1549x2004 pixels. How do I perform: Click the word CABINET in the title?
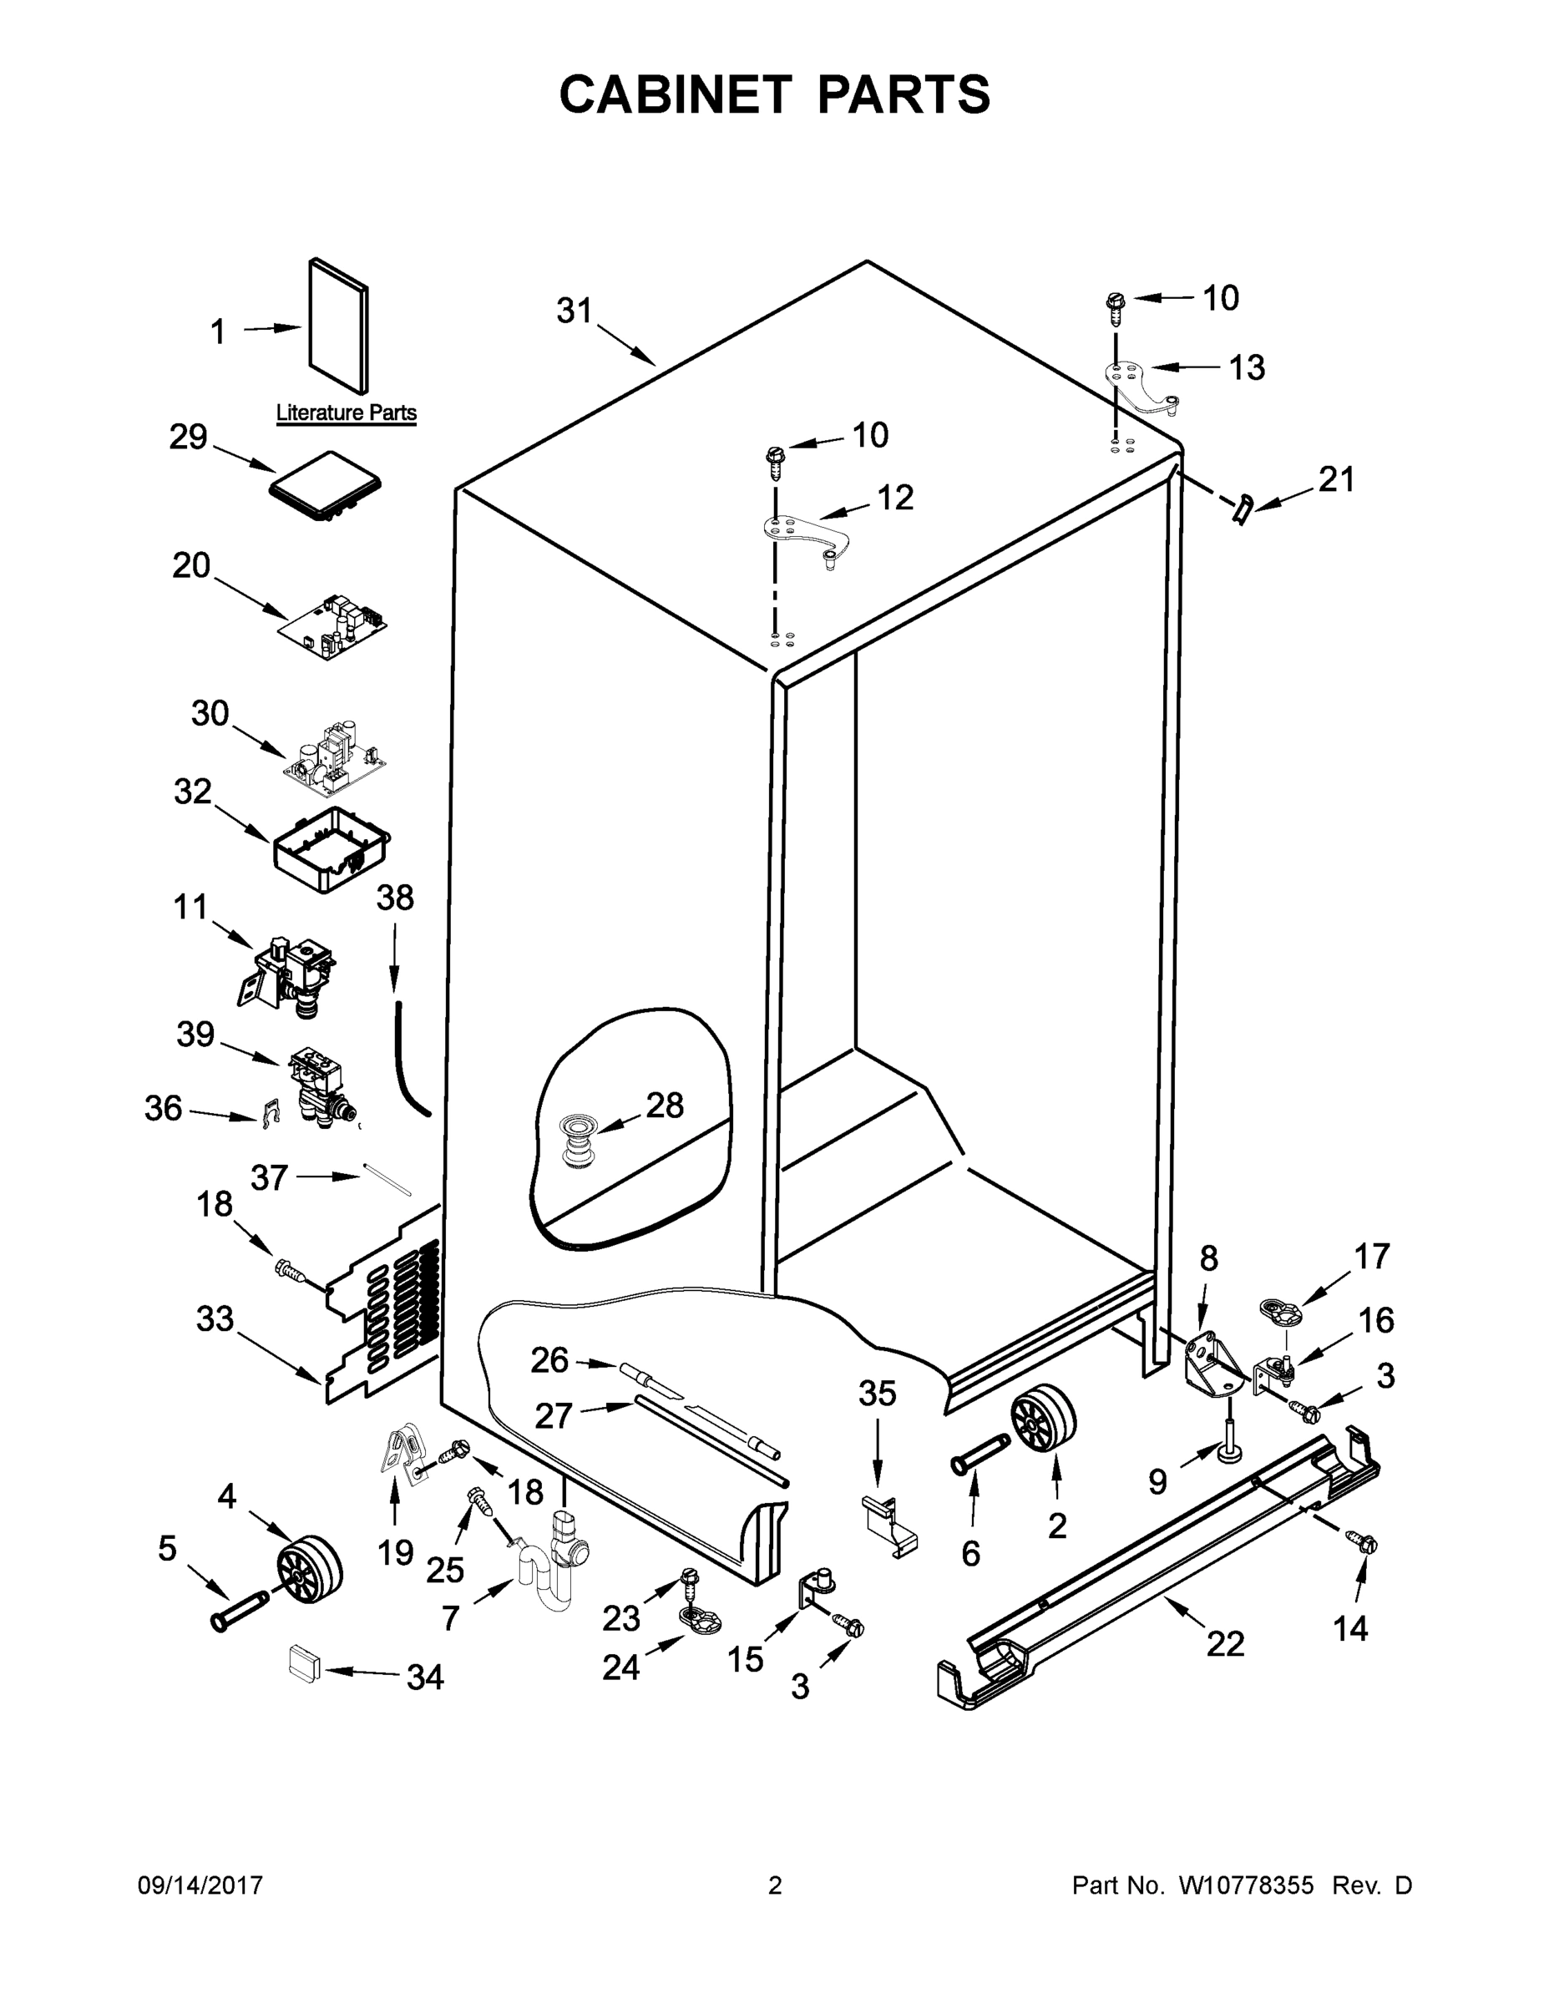pyautogui.click(x=676, y=94)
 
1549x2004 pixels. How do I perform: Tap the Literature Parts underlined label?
pyautogui.click(x=346, y=413)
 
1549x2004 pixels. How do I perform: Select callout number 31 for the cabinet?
pyautogui.click(x=575, y=312)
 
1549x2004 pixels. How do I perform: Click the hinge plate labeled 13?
pyautogui.click(x=1140, y=383)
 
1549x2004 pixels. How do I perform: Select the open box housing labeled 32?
pyautogui.click(x=332, y=850)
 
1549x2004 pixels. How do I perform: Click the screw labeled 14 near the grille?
pyautogui.click(x=1362, y=1543)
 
